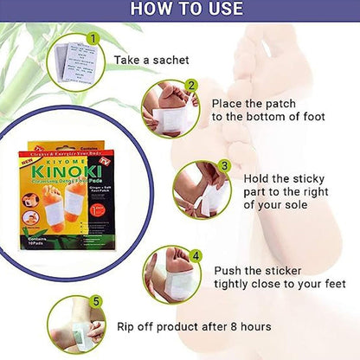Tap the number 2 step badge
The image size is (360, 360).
click(192, 85)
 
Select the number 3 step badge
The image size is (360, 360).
click(223, 165)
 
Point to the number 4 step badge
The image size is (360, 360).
click(196, 255)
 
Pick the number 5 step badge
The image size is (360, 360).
click(96, 301)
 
